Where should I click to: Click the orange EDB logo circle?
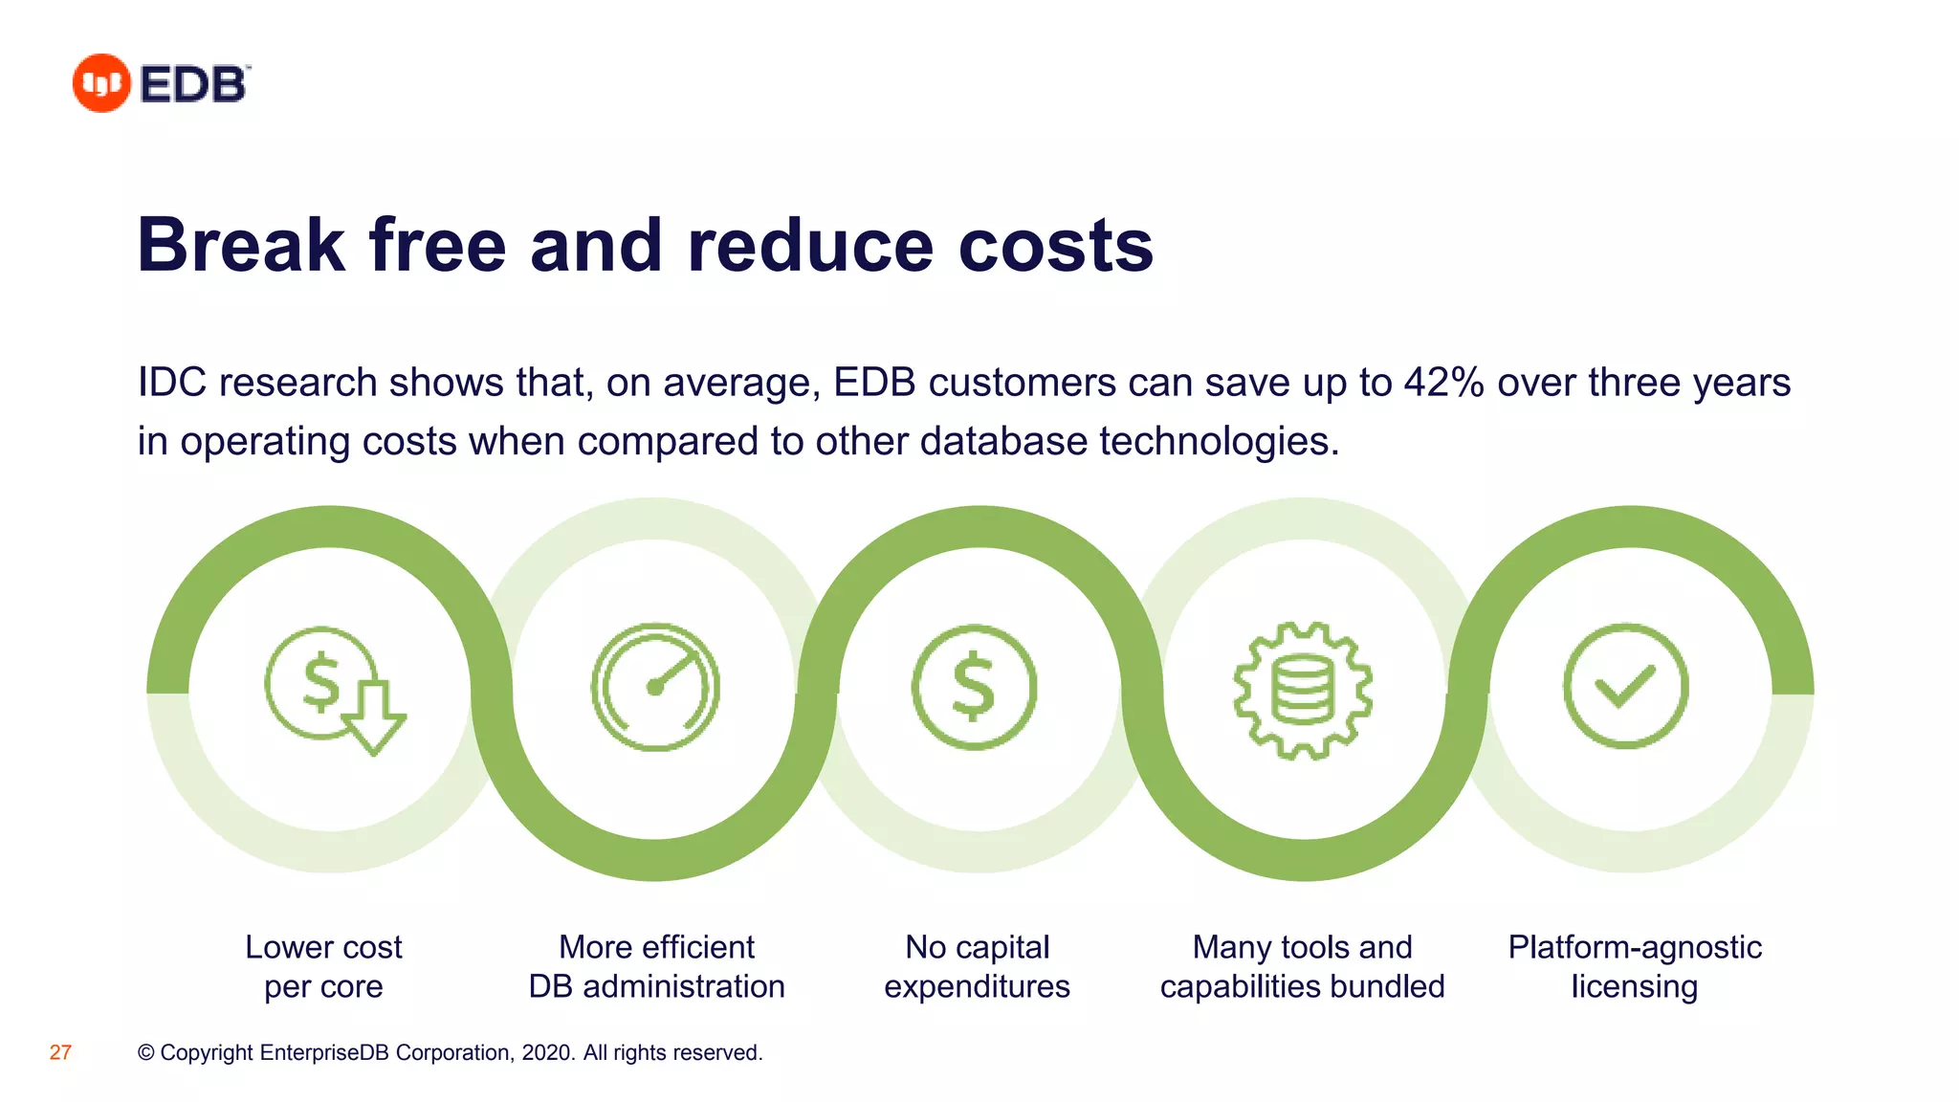coord(101,83)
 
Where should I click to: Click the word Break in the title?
coord(240,245)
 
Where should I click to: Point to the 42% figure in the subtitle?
coord(1443,383)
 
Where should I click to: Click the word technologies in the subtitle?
coord(1219,441)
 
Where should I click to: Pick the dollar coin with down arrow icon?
coord(333,689)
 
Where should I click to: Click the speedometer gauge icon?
coord(655,687)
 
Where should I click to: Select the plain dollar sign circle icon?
coord(974,687)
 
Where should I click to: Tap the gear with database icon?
coord(1303,690)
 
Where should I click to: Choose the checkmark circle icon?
coord(1625,686)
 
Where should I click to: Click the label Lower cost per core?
coord(323,966)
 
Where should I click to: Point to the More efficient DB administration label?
coord(656,966)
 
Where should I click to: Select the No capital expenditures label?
coord(977,966)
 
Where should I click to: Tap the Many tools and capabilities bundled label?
coord(1302,966)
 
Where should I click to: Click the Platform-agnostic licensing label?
coord(1634,966)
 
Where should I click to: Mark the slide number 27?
coord(60,1052)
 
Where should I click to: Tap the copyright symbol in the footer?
coord(146,1052)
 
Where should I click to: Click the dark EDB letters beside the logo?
coord(194,84)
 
